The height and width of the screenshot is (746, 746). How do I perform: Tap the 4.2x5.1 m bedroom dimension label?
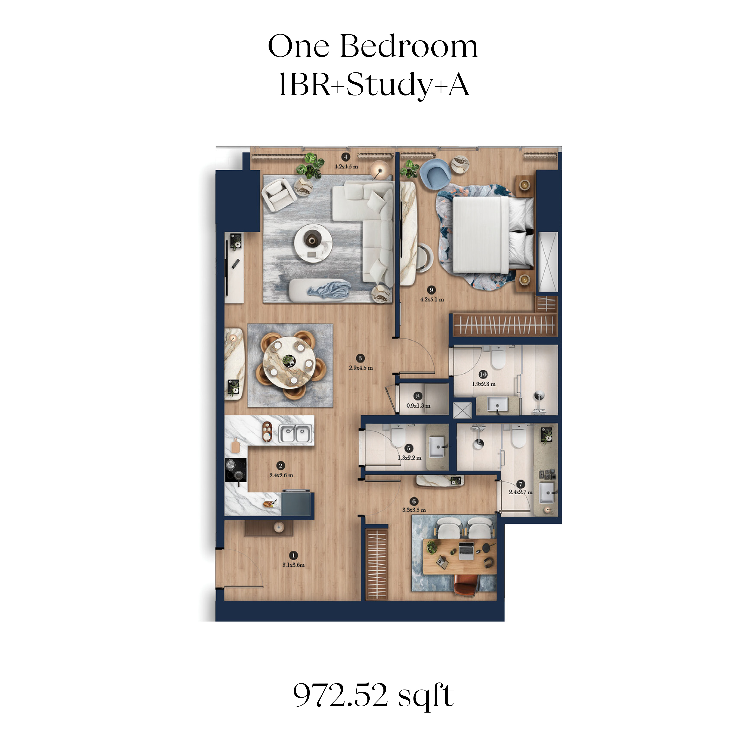(432, 299)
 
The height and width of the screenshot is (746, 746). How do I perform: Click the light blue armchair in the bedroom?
(435, 175)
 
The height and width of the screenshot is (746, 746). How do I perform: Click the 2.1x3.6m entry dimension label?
(293, 565)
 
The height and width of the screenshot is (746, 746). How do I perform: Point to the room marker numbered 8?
(417, 396)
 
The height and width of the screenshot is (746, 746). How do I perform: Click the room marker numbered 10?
(483, 374)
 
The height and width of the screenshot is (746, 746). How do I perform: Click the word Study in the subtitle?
(388, 85)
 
